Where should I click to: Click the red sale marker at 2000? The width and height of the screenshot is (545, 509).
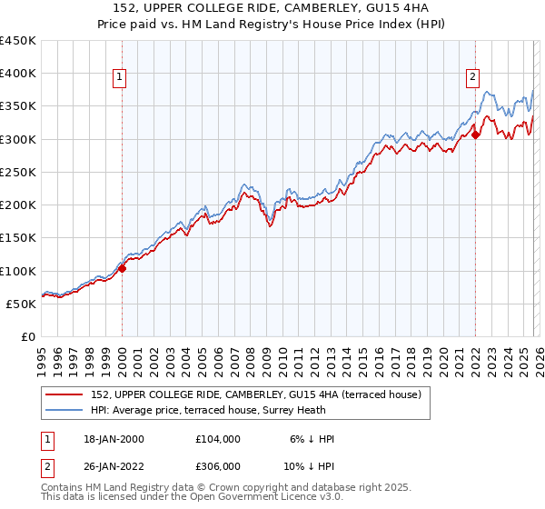coord(122,268)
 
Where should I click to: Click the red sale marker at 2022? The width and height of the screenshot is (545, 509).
coord(475,135)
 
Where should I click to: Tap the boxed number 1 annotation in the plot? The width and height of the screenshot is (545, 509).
coord(122,78)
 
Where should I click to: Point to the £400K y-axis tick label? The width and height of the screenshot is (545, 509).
coord(18,74)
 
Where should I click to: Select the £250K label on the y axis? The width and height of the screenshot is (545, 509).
coord(18,172)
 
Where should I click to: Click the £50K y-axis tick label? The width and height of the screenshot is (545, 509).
coord(22,304)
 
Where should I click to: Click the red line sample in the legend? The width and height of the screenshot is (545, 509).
coord(65,395)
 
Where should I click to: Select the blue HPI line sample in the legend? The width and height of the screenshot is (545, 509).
coord(65,412)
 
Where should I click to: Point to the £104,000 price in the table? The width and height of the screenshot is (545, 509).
coord(218,439)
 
